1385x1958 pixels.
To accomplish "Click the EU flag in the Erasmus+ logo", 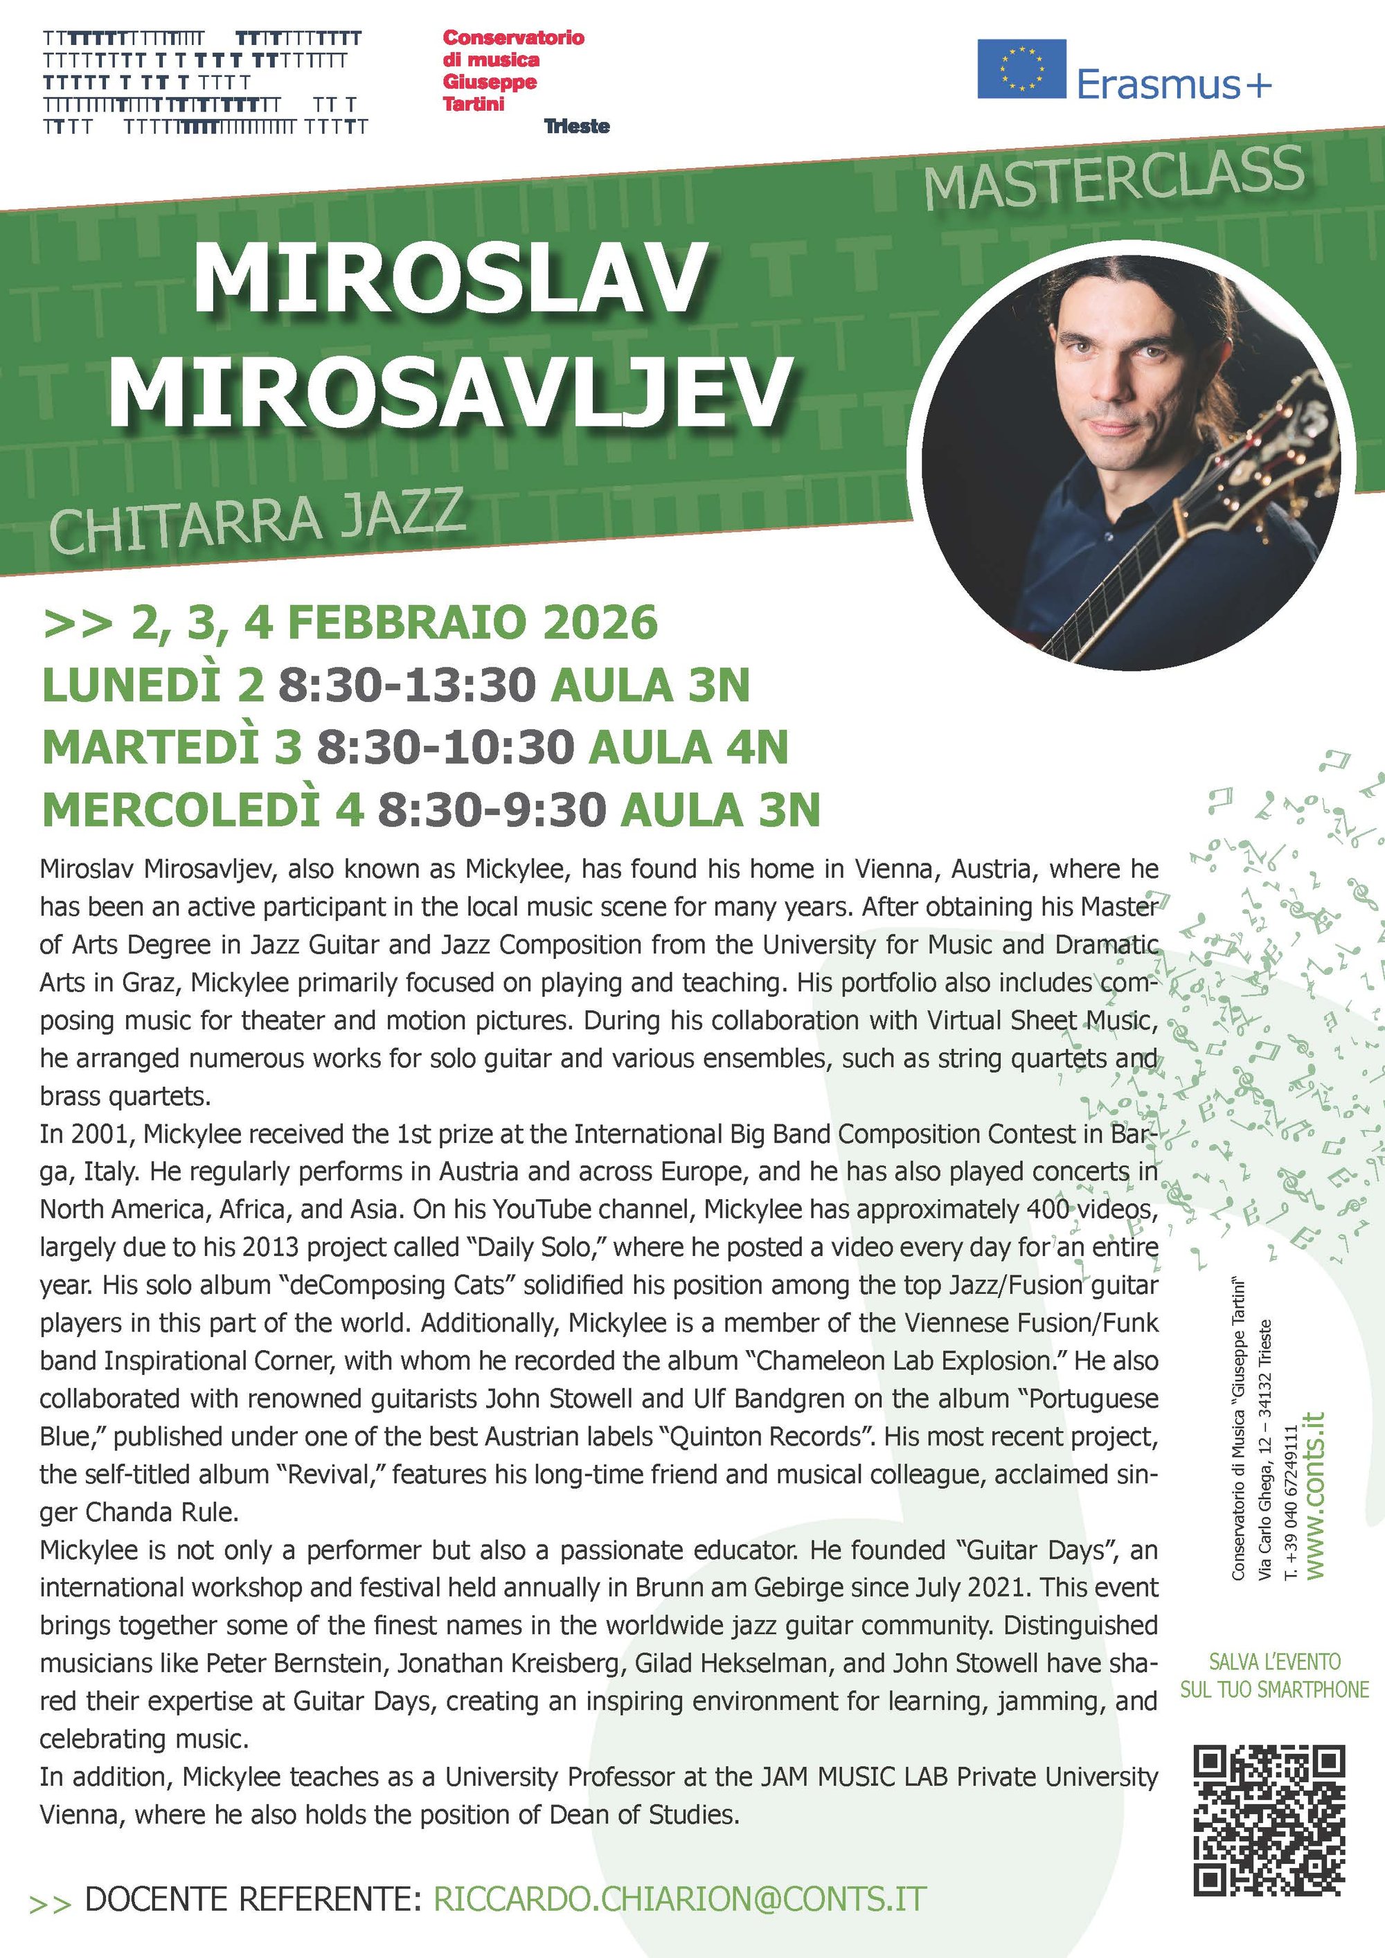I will point(1021,69).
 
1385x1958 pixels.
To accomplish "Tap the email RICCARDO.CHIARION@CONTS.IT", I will point(680,1899).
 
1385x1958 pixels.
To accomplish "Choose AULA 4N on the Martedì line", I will point(688,747).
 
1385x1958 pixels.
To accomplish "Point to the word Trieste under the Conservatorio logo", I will point(577,126).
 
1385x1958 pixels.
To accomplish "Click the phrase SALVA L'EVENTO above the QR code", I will point(1274,1661).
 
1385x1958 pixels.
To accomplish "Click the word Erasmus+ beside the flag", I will point(1174,84).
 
